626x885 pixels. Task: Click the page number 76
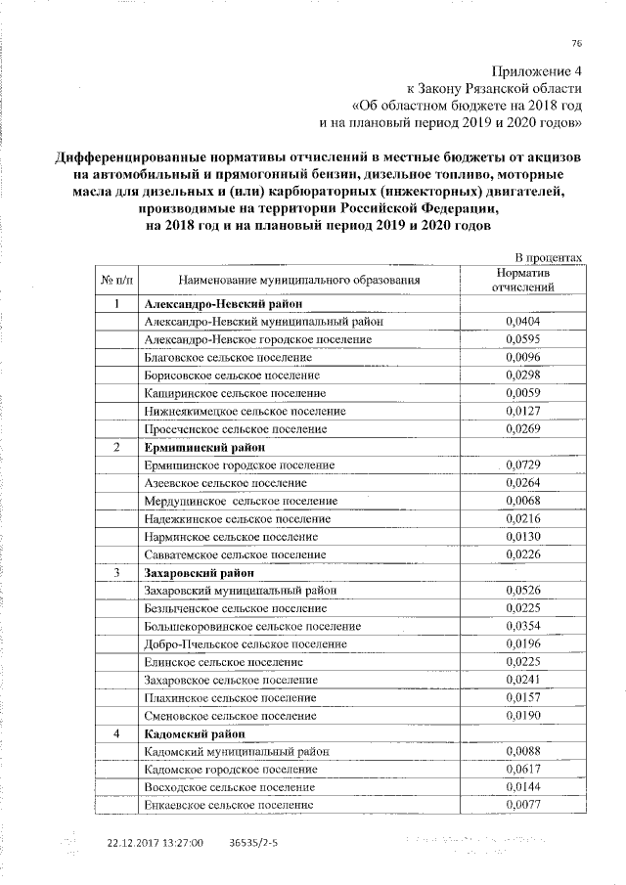[x=577, y=41]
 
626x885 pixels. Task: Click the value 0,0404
[x=523, y=321]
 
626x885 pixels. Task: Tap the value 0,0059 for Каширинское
[x=523, y=393]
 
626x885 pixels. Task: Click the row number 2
[x=116, y=447]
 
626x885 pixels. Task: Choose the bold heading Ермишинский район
[x=194, y=447]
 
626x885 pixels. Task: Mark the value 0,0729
[x=523, y=465]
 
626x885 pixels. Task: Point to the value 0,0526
[x=523, y=590]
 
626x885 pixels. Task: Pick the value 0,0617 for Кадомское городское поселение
[x=523, y=770]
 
